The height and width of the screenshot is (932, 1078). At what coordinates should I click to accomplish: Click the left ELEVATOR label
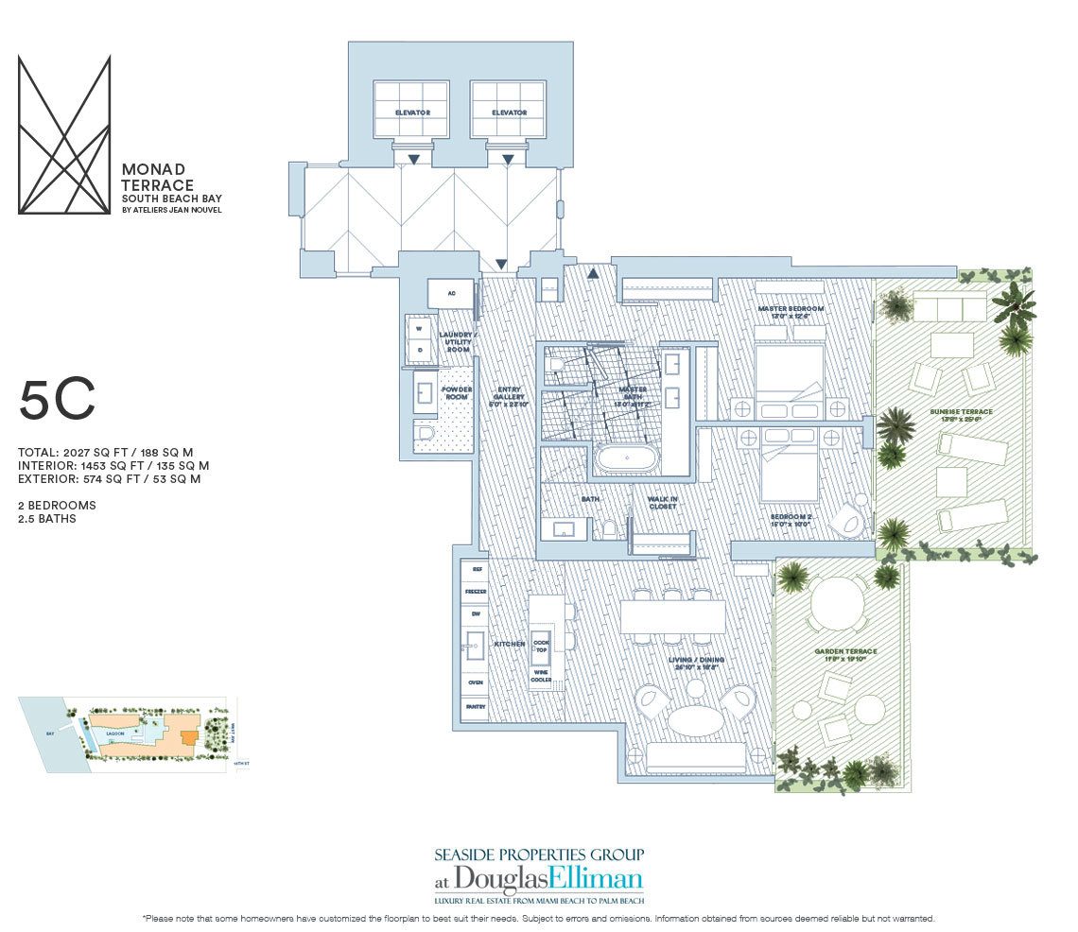coord(412,112)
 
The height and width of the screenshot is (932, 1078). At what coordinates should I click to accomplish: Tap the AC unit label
coord(452,294)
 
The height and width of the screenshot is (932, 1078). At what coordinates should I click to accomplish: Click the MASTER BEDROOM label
coord(791,309)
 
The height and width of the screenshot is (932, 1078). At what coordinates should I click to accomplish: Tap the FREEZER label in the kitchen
coord(476,592)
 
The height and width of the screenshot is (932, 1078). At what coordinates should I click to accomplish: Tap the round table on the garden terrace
coord(838,598)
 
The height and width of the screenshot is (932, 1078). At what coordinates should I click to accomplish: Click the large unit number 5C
coord(57,402)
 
